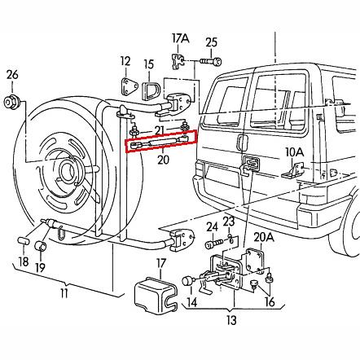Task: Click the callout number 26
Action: pyautogui.click(x=11, y=77)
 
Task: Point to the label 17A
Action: pyautogui.click(x=179, y=37)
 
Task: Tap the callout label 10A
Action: pyautogui.click(x=294, y=151)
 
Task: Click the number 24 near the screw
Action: pyautogui.click(x=211, y=227)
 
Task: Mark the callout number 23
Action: pyautogui.click(x=228, y=221)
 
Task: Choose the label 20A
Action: pyautogui.click(x=262, y=237)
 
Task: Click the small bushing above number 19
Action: pyautogui.click(x=39, y=246)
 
